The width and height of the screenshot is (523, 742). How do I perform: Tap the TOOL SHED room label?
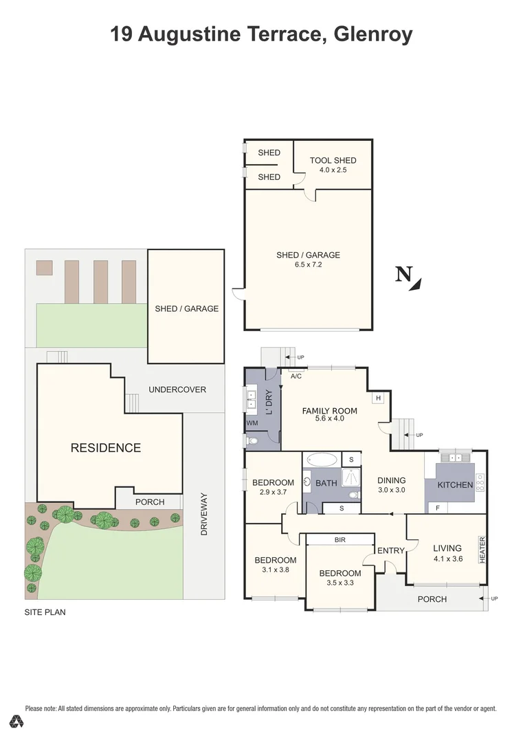(x=333, y=161)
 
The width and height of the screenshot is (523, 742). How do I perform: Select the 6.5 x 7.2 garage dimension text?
(x=308, y=265)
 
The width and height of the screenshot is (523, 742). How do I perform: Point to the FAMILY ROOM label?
(x=330, y=411)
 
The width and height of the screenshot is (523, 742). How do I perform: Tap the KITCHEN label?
(x=455, y=484)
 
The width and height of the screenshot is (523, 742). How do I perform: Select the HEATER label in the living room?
(x=482, y=550)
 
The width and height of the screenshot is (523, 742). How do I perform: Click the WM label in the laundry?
(x=252, y=424)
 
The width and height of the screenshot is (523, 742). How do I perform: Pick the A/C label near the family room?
(x=296, y=376)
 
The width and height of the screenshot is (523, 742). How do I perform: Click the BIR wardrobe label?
(x=340, y=540)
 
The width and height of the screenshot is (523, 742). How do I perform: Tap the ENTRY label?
(x=391, y=550)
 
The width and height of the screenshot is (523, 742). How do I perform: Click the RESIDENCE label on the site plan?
(x=106, y=448)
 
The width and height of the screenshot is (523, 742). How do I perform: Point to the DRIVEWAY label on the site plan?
(x=203, y=515)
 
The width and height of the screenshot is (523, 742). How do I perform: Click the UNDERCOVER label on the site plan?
(x=177, y=390)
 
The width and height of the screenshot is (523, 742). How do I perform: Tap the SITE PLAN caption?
(x=45, y=611)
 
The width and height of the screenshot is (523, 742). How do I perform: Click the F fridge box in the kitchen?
(x=437, y=508)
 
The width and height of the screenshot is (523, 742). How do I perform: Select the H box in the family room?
(x=377, y=398)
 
